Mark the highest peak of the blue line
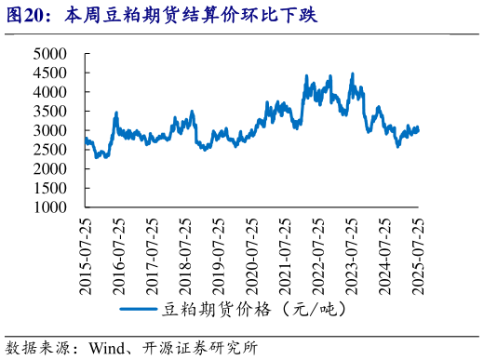click(x=352, y=73)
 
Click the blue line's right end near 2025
click(x=418, y=129)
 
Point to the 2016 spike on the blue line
click(x=115, y=113)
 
